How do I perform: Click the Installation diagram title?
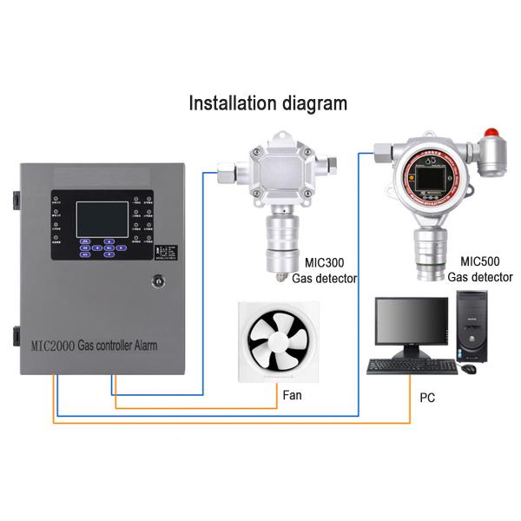click(268, 102)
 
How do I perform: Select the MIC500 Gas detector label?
click(480, 269)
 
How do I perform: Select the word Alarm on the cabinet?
click(167, 345)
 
